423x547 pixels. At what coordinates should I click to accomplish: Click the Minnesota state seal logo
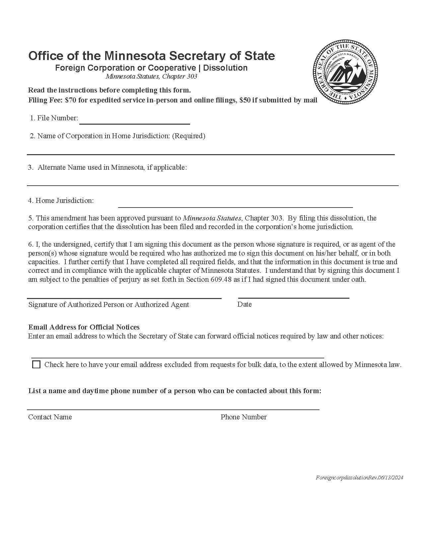345,72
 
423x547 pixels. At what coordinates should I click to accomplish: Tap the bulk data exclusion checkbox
36,365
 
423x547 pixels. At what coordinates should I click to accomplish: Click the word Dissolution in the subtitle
225,68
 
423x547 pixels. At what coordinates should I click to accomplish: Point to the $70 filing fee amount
71,100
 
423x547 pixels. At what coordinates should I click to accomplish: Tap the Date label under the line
245,304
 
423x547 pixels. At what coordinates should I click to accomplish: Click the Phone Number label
244,417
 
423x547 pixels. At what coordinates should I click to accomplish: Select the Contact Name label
50,417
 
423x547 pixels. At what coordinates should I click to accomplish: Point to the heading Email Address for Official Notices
84,327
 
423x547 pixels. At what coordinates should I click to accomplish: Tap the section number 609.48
221,279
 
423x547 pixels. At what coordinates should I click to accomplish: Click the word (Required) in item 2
188,136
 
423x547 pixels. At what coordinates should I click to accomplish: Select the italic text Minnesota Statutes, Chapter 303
151,77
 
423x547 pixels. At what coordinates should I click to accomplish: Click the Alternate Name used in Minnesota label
112,167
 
